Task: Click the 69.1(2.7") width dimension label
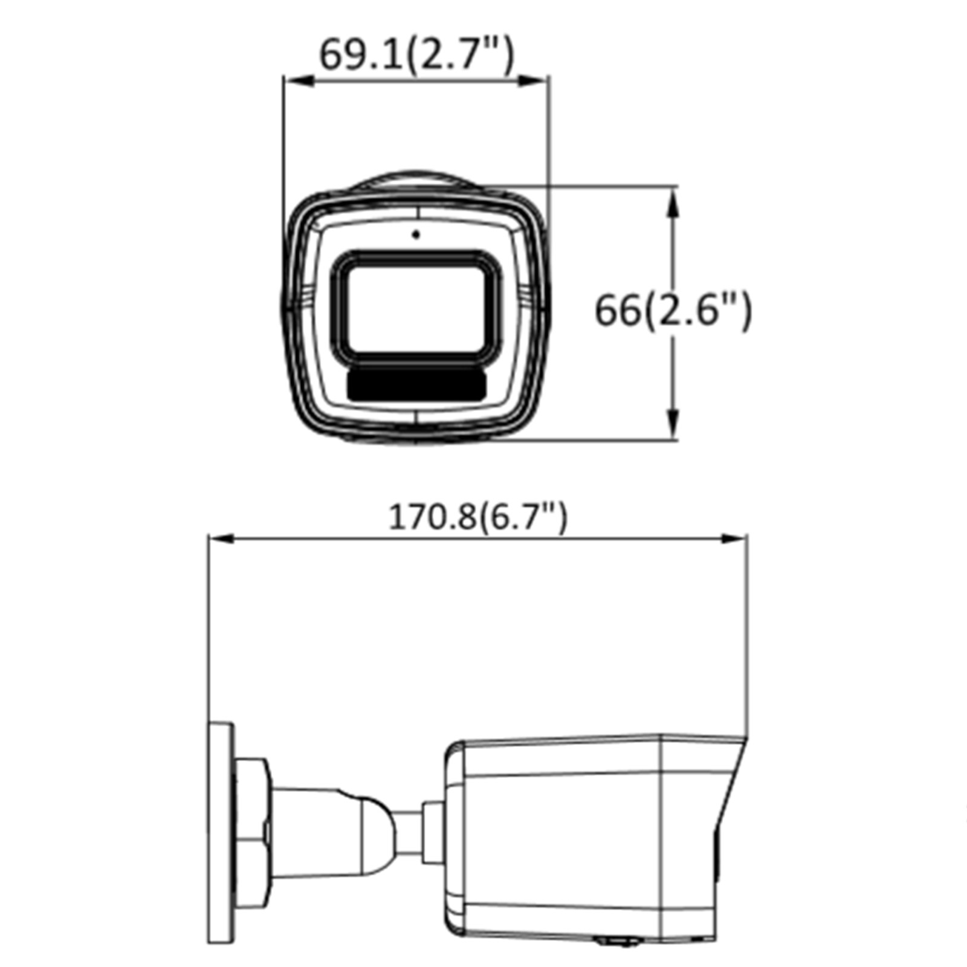click(416, 55)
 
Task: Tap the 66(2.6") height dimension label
click(673, 311)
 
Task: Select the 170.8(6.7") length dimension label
click(477, 517)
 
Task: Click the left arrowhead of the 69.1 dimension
click(299, 81)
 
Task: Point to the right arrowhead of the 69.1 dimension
click(533, 81)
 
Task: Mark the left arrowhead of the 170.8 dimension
click(224, 539)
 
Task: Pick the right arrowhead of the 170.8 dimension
click(732, 539)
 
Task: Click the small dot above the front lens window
click(416, 234)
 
